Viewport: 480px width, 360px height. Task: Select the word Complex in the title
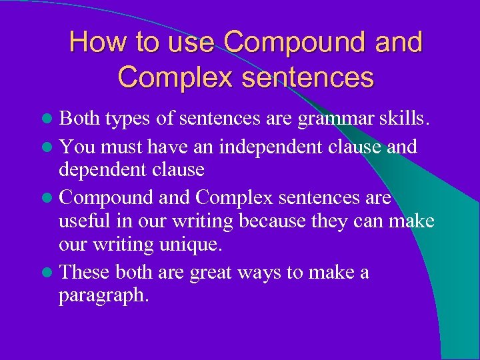click(173, 77)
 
